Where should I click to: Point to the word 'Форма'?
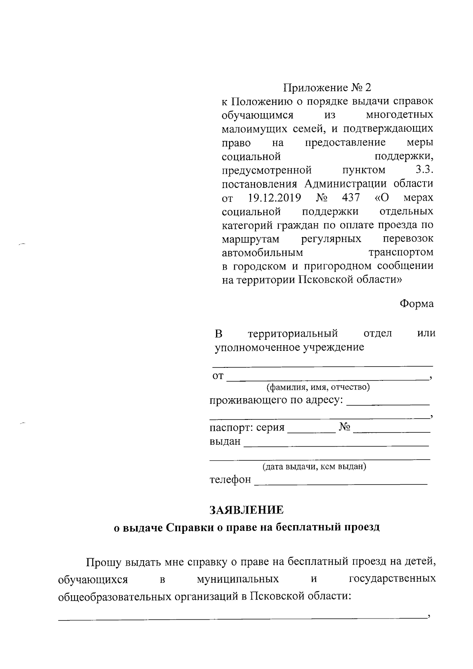[x=417, y=304]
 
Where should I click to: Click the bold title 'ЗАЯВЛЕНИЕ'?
[x=246, y=510]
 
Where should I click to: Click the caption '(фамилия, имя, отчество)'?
[x=318, y=387]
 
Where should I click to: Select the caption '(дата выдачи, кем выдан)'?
[x=315, y=467]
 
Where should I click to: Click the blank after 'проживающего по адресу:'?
[x=389, y=404]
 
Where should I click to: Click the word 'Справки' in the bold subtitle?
[x=190, y=527]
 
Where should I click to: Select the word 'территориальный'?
[x=293, y=334]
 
